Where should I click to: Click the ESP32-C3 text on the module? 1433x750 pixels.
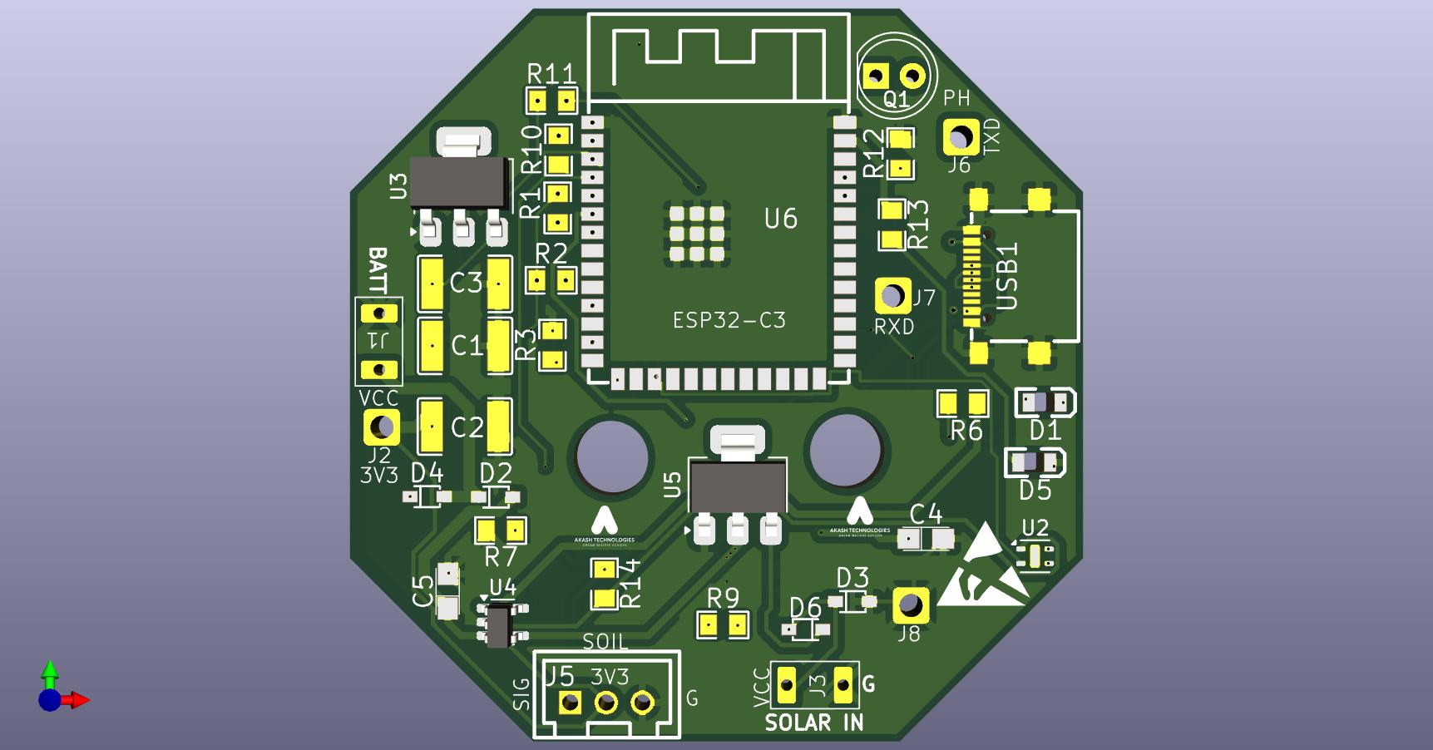(729, 320)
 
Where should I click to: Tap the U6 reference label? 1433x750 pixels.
(780, 219)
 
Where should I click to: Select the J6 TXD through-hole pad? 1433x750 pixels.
(961, 136)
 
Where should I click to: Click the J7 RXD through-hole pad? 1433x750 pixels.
(892, 295)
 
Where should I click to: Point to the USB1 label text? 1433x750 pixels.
(1007, 277)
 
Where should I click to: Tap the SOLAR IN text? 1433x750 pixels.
(814, 723)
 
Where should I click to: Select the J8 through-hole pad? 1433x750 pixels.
(910, 605)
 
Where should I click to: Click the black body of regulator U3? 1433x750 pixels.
(460, 183)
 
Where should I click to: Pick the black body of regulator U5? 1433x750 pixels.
(738, 488)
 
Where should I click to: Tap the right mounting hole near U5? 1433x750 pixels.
(846, 450)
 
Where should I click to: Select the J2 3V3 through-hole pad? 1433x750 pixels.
(381, 427)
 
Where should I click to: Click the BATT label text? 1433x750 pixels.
(378, 269)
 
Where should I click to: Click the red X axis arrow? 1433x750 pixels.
(79, 700)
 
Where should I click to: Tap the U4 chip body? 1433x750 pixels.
(499, 625)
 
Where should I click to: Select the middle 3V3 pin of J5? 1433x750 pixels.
(606, 703)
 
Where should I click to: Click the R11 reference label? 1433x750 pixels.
(551, 74)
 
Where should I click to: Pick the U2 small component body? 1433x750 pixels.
(1035, 555)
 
